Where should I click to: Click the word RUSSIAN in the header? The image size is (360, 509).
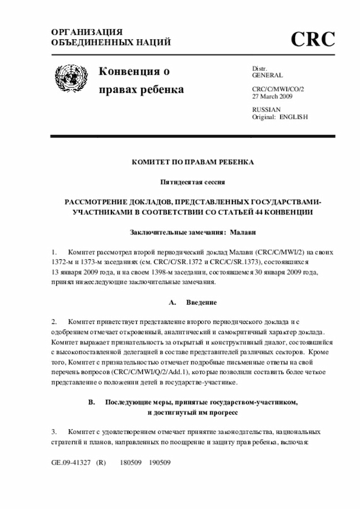point(266,109)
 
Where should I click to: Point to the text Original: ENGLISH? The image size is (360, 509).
point(280,116)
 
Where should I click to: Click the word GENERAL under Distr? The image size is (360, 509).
point(267,75)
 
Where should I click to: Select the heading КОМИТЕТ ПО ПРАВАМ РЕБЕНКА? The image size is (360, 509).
point(193,162)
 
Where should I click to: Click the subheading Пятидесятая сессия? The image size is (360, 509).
point(193,182)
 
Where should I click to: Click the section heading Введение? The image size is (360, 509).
point(201,302)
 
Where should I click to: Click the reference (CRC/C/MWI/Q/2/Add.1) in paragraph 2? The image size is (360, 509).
point(148,372)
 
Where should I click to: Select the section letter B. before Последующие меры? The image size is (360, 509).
point(92,402)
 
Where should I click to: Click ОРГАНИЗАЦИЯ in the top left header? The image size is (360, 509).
point(87,32)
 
